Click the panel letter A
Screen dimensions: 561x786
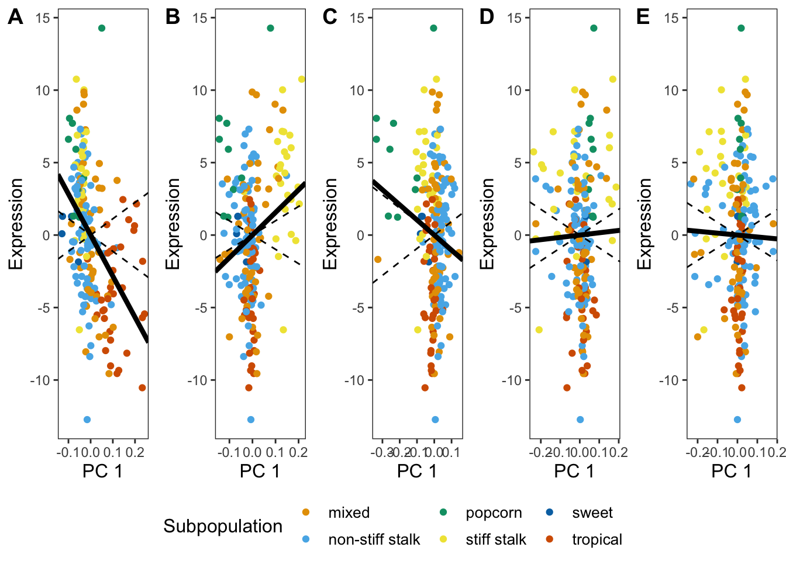point(15,17)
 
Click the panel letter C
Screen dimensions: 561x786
point(330,17)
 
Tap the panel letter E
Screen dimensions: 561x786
point(643,17)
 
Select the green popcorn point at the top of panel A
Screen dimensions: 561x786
point(102,28)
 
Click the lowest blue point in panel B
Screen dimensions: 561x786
point(251,420)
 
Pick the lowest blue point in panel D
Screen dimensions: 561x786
point(580,420)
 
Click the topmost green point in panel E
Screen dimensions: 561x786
point(741,28)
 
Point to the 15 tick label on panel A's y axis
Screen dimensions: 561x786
point(43,18)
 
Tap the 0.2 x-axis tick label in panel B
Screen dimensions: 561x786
point(298,453)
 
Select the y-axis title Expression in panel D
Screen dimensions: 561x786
point(487,224)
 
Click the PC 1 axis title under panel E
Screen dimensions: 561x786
point(731,471)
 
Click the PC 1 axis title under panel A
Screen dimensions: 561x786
point(102,471)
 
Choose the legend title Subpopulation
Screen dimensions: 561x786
point(223,527)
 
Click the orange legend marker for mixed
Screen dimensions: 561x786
point(306,512)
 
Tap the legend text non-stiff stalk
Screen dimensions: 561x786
point(374,539)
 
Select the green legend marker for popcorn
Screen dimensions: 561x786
point(443,512)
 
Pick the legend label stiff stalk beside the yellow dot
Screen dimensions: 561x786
point(496,539)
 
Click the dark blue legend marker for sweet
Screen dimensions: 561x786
point(550,512)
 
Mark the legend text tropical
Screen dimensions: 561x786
point(597,539)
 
